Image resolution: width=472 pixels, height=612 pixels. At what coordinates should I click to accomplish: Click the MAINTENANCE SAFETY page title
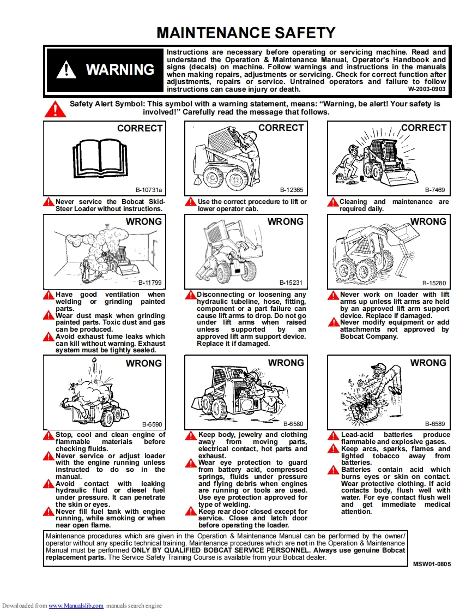(246, 33)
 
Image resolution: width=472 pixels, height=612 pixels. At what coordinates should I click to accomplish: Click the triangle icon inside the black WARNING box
(66, 69)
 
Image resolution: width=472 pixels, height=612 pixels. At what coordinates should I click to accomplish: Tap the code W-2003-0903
(426, 89)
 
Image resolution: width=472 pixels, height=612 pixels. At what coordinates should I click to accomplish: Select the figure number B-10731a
(149, 190)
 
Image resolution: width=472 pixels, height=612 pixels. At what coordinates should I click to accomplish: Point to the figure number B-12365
(291, 190)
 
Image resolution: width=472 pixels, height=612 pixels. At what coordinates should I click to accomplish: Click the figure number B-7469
(435, 190)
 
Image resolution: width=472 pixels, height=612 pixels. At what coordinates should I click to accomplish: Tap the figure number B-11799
(150, 283)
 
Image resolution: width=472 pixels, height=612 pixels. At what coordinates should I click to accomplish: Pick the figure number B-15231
(291, 283)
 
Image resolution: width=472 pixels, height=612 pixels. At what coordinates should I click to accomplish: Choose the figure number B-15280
(434, 283)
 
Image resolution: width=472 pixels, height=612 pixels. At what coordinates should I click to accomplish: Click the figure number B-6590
(152, 424)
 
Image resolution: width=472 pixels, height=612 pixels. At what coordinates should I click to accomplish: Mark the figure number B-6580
(293, 424)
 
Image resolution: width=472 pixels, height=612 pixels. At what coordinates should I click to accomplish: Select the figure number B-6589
(435, 424)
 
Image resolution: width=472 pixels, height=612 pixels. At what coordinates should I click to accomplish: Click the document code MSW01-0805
(432, 563)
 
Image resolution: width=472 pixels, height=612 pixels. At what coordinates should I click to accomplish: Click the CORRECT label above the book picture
(140, 128)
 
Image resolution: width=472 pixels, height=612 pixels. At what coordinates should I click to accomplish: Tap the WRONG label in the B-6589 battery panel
(428, 363)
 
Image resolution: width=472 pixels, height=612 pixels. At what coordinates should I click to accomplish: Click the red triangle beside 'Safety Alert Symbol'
(55, 109)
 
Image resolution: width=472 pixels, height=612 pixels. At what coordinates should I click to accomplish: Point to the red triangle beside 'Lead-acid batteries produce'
(333, 436)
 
